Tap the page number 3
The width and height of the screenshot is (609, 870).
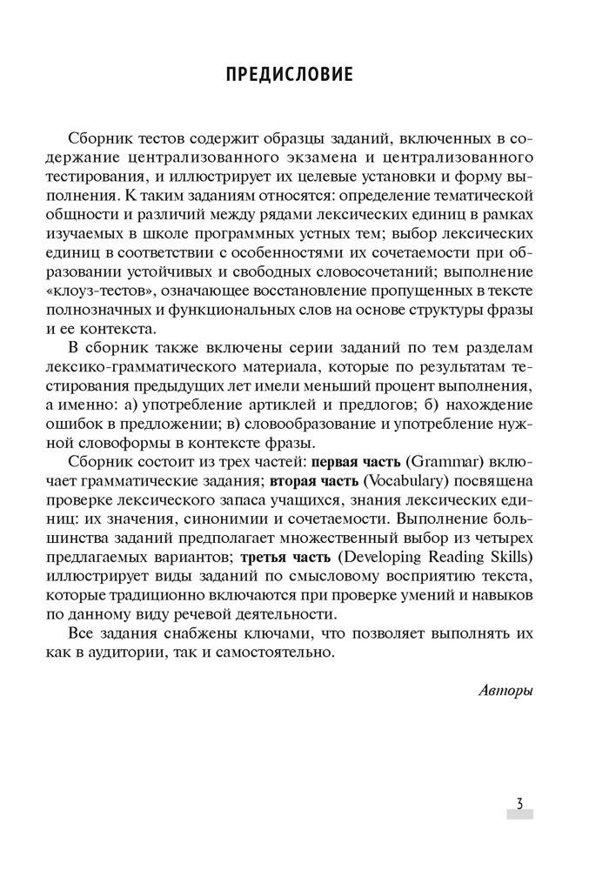tap(519, 803)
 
